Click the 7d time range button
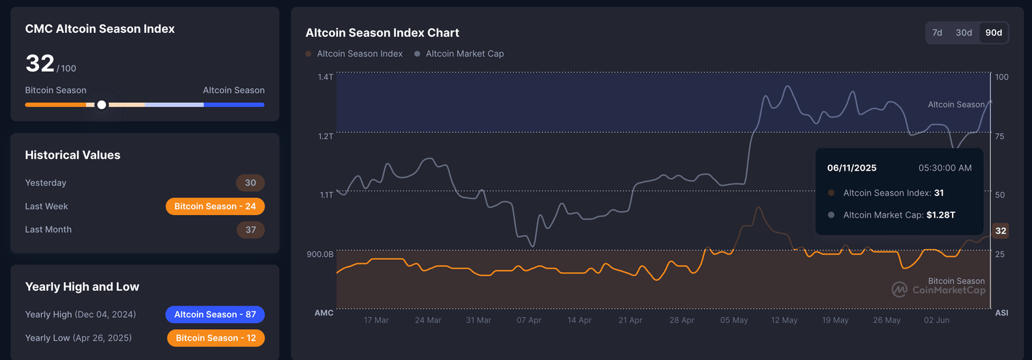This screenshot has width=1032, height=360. click(937, 33)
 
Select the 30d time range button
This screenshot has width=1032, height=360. click(963, 33)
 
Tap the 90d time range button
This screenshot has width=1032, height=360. click(993, 33)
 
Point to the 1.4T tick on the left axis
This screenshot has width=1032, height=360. click(325, 77)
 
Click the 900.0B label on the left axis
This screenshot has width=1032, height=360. click(320, 255)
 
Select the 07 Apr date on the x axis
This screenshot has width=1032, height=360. click(529, 320)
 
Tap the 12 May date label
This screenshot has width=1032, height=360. click(784, 320)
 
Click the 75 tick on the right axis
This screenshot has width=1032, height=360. click(1000, 136)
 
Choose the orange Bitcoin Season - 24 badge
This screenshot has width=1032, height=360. click(215, 206)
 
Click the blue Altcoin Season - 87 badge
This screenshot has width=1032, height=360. click(215, 314)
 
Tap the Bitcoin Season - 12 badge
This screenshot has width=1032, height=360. click(216, 338)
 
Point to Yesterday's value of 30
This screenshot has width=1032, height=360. click(250, 183)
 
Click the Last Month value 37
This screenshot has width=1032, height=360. click(251, 230)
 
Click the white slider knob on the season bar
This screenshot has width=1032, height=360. click(101, 105)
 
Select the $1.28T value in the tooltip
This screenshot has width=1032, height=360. click(941, 215)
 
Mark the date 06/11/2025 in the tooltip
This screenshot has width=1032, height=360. click(851, 168)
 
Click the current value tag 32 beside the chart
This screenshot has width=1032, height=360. click(1000, 231)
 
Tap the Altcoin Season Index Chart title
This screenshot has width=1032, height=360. click(382, 33)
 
